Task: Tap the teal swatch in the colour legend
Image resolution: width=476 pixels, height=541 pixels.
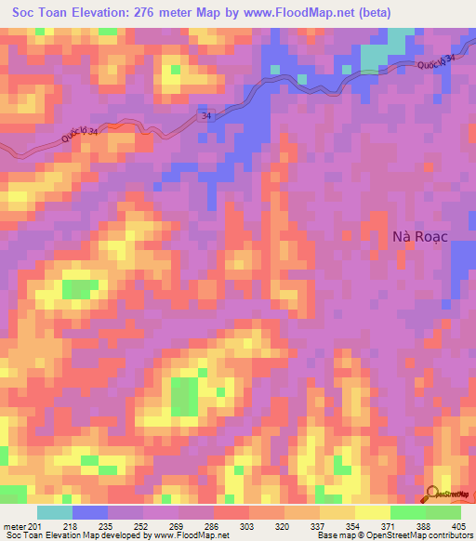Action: (x=55, y=512)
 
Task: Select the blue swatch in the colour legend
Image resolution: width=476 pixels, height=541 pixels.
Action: (x=90, y=512)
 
